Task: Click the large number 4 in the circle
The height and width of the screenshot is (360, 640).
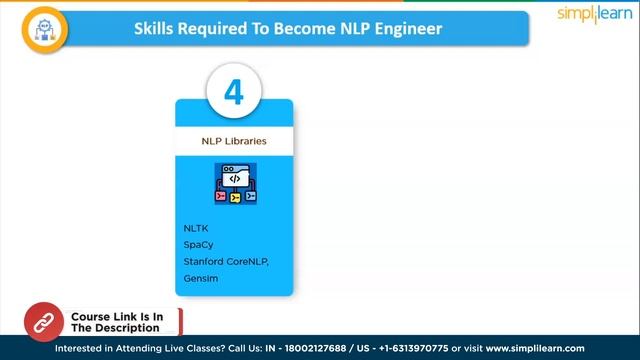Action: click(x=234, y=93)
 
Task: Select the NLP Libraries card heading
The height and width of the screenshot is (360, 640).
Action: click(x=234, y=141)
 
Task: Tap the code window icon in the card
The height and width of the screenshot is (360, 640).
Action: click(x=234, y=184)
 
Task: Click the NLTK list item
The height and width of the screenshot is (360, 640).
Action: click(x=196, y=228)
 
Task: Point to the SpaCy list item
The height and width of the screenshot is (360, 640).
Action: click(x=198, y=244)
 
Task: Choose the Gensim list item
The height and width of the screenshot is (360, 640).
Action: click(x=200, y=278)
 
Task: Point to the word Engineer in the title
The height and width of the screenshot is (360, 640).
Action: click(x=405, y=28)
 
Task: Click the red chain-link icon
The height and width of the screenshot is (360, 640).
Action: click(x=44, y=322)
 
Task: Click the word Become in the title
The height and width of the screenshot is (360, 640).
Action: click(x=296, y=28)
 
